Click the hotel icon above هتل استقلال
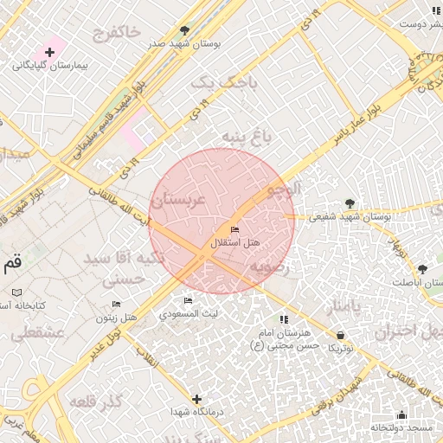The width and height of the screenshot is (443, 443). pyautogui.click(x=234, y=229)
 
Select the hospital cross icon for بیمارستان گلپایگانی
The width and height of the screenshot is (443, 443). pyautogui.click(x=50, y=53)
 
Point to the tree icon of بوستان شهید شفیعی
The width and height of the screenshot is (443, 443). pyautogui.click(x=350, y=203)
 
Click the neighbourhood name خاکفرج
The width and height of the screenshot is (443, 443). pyautogui.click(x=114, y=32)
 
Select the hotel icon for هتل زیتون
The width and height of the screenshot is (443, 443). pyautogui.click(x=118, y=304)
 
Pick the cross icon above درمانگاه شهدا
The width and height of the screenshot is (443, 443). pyautogui.click(x=197, y=399)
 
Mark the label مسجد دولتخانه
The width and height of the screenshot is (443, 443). pyautogui.click(x=402, y=428)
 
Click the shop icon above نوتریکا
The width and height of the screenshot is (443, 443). pyautogui.click(x=339, y=334)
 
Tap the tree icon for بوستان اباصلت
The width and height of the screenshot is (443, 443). pyautogui.click(x=422, y=270)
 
